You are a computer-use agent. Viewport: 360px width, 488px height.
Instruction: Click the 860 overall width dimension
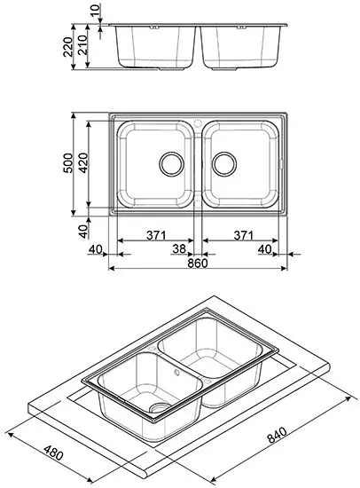198,264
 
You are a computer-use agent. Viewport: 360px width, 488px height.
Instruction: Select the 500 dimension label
67,162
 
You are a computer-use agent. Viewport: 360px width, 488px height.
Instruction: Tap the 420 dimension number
83,162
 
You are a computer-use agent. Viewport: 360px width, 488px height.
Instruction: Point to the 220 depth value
67,47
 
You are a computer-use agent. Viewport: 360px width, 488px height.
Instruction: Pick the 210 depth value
82,45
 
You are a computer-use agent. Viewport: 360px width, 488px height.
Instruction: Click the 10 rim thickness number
97,10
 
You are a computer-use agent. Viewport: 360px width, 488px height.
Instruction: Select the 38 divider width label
179,248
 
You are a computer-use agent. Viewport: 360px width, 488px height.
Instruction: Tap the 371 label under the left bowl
156,235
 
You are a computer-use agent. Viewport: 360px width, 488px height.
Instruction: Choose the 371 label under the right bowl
244,235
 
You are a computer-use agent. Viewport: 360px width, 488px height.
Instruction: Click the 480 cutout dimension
53,453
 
